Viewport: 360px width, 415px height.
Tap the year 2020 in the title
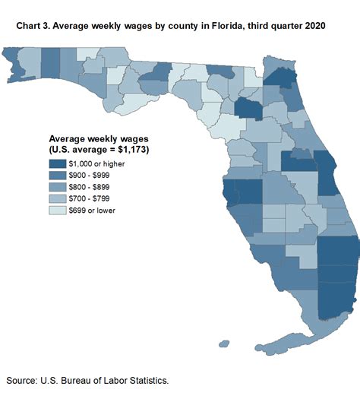[314, 25]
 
